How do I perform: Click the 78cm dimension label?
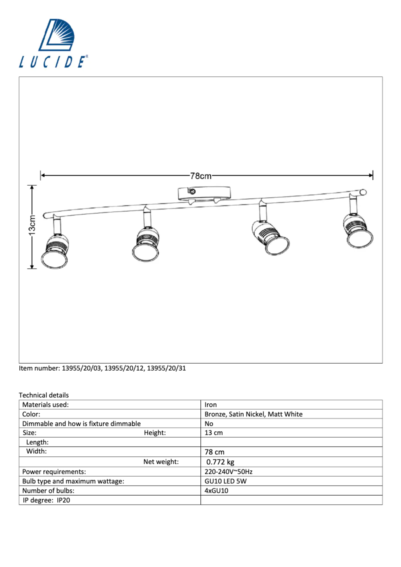click(x=201, y=176)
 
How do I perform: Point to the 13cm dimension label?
click(x=32, y=226)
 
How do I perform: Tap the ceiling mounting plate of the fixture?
click(x=204, y=192)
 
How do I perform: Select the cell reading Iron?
click(x=211, y=404)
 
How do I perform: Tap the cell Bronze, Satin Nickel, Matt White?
click(x=253, y=414)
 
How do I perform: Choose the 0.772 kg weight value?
click(x=220, y=462)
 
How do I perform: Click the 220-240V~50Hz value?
click(x=228, y=471)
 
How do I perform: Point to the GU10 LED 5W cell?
click(x=225, y=481)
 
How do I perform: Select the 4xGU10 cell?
click(x=216, y=490)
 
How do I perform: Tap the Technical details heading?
click(x=44, y=395)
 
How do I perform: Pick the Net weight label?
click(x=161, y=462)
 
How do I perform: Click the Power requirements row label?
click(x=54, y=471)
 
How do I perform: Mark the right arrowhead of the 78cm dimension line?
click(x=370, y=175)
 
